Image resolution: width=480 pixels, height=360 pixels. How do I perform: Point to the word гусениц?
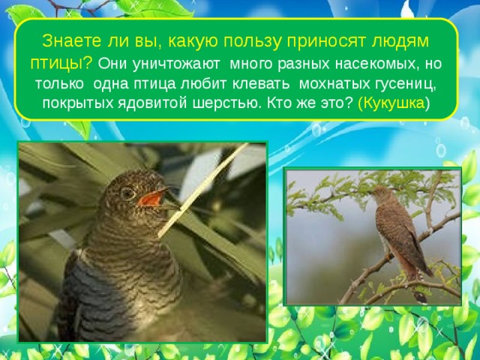pos(403,82)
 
